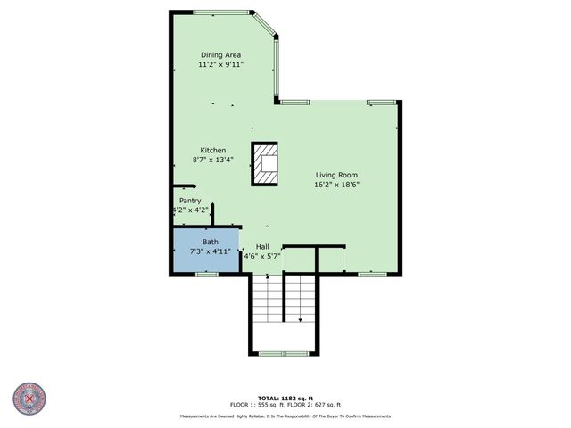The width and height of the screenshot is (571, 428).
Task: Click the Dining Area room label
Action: coord(220,55)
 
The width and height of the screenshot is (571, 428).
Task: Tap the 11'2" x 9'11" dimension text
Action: coord(220,65)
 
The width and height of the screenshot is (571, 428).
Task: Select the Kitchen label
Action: coord(212,151)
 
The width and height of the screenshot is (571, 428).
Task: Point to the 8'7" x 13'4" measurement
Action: coord(212,160)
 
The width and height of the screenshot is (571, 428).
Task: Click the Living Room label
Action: coord(336,176)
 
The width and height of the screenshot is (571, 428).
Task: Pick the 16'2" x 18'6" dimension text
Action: coord(336,185)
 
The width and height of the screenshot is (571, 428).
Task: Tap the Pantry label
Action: coord(190,201)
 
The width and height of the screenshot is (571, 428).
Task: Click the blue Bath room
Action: coord(206,251)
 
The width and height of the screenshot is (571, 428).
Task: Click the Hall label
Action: coord(262,247)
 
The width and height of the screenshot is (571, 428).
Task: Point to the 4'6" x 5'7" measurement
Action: coord(262,257)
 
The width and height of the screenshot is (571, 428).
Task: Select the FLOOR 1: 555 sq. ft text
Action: coord(257,405)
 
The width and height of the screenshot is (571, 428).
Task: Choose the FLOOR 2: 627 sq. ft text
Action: coord(316,405)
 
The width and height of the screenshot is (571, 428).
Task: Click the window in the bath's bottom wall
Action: coord(207,275)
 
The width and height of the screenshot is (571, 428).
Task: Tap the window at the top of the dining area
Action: coord(221,12)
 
